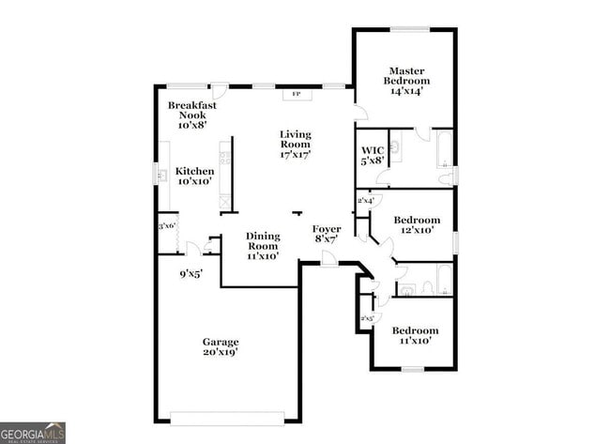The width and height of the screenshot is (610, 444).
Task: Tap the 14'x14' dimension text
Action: pos(406,91)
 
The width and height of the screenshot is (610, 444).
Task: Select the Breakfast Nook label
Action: pos(192,111)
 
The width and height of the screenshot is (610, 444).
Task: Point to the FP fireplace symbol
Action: pos(297,94)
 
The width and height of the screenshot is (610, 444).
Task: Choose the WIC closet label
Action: pos(372,149)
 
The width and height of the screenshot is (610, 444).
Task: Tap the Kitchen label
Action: pos(195,171)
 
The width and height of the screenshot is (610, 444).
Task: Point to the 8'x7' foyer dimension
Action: pos(326,239)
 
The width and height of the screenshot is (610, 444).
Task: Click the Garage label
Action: pos(221,342)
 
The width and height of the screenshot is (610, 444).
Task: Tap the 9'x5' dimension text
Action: pos(191,274)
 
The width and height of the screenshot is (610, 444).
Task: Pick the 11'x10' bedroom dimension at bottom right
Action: pos(415,342)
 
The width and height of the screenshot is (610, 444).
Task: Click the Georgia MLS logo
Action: pos(33,433)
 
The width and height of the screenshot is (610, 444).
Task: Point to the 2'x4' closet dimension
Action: pos(366,200)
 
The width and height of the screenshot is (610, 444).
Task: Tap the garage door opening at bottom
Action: pos(228,416)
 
